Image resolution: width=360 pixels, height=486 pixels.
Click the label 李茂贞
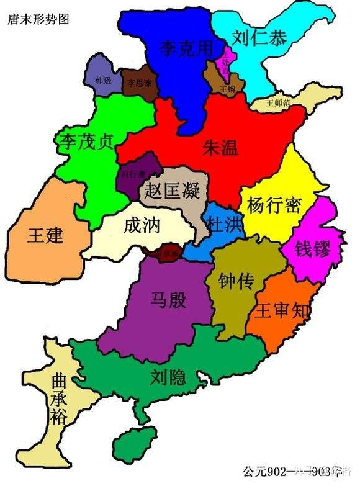pos(84,142)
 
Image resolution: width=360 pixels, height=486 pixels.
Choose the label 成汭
pos(142,225)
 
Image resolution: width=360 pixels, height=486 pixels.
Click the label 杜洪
pos(225,224)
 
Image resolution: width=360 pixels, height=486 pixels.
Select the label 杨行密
pos(274,205)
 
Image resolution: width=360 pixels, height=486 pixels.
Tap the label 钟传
pos(236,281)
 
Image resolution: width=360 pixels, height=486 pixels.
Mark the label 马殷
pos(168,300)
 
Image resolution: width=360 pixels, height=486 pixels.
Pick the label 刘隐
pos(168,376)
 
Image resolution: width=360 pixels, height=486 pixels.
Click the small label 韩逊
pos(104,81)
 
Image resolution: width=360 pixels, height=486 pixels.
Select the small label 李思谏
pos(139,82)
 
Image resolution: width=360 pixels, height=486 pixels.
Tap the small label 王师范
pos(277,102)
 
